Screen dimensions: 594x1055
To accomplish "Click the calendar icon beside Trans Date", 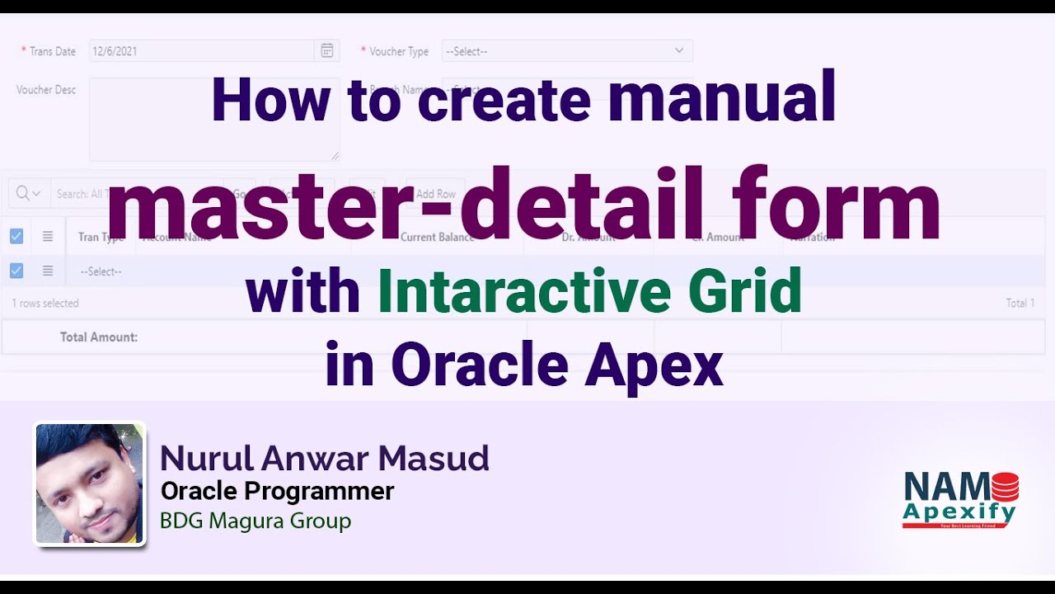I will coord(326,51).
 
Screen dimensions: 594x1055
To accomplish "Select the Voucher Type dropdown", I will coord(567,51).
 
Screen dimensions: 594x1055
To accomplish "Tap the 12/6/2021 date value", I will coord(115,51).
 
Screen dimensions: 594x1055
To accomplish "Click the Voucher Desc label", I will coord(46,90).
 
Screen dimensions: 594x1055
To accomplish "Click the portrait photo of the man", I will coord(89,483).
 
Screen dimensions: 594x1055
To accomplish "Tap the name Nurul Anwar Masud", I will coord(324,458).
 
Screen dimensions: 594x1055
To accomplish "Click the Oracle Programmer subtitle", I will coord(277,492).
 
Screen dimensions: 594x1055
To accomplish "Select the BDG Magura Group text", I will coord(256,521).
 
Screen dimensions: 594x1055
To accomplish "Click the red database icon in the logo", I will coord(1004,486).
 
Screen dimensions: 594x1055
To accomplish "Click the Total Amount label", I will coord(99,337).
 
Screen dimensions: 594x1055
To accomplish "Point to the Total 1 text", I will coord(1020,304).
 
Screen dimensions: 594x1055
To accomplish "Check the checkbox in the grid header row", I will coord(16,237).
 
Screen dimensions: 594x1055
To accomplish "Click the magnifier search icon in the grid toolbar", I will coord(22,193).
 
